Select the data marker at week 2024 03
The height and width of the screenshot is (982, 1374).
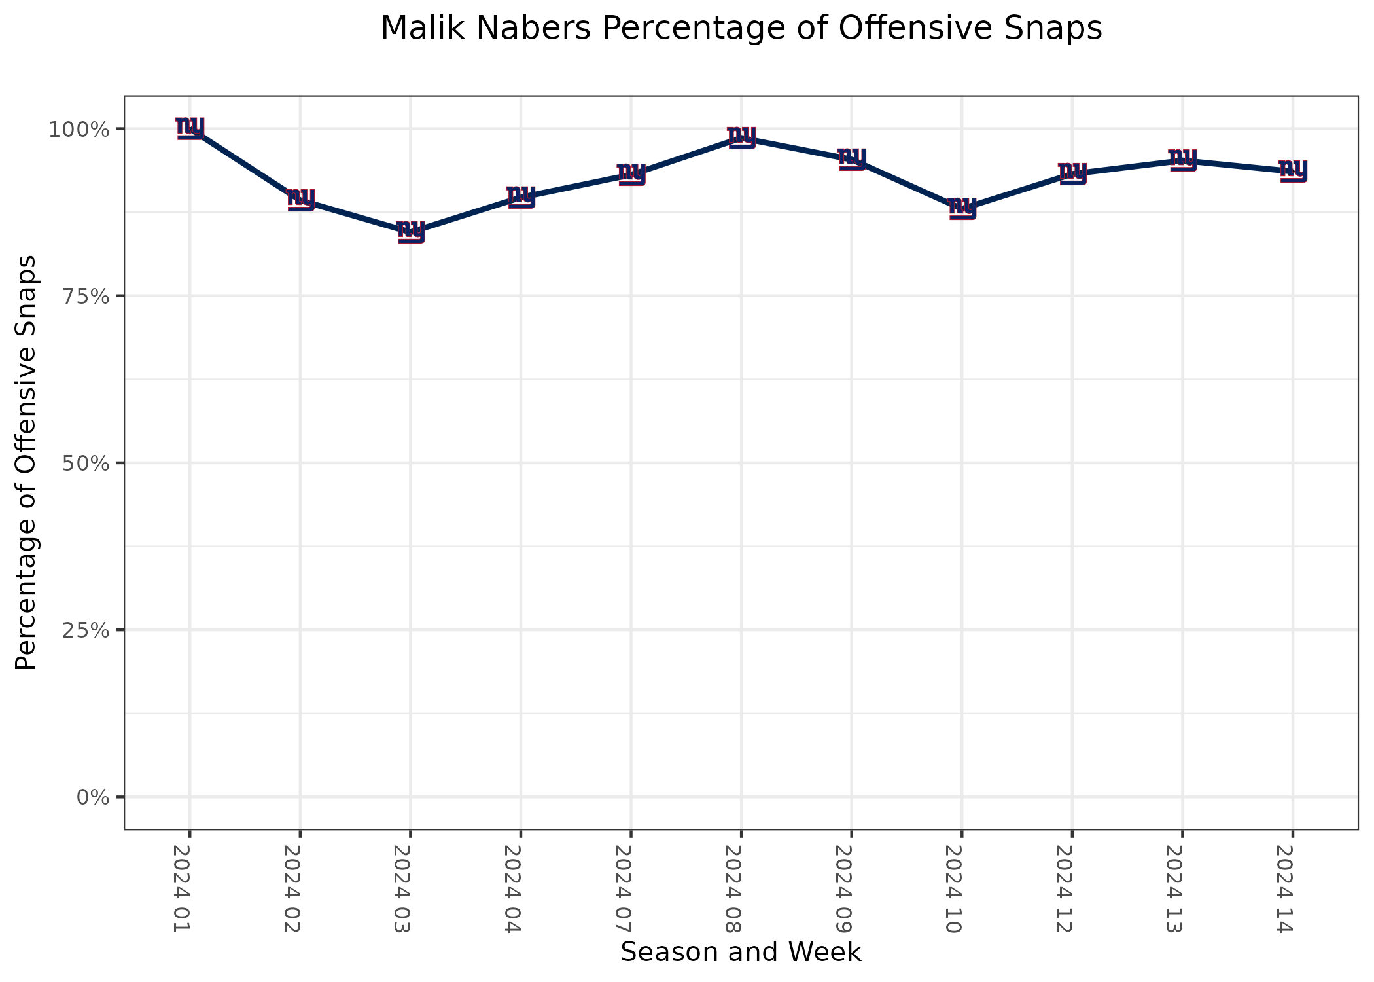click(x=411, y=231)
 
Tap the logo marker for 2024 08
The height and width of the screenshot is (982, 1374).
click(x=741, y=137)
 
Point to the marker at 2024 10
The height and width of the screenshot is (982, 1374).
click(x=962, y=208)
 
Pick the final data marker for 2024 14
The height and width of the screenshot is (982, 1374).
click(x=1293, y=170)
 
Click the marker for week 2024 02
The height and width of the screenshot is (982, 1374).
click(x=300, y=199)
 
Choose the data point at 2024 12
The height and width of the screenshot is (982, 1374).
click(x=1072, y=173)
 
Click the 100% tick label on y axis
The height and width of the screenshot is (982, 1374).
click(x=78, y=129)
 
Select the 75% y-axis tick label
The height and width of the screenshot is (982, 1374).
click(x=84, y=296)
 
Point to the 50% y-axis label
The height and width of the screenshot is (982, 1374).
click(x=84, y=463)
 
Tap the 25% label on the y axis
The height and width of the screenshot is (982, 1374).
click(x=84, y=630)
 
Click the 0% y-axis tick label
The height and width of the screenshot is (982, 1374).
click(x=91, y=797)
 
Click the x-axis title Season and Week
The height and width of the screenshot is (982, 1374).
click(x=741, y=952)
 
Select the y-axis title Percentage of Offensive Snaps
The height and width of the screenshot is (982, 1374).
click(x=26, y=463)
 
